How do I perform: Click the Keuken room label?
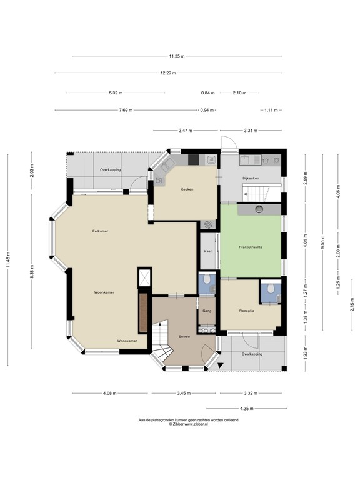[187, 189]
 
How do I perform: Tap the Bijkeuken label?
[251, 178]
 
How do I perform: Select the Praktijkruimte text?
[251, 247]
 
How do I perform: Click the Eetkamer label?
[99, 231]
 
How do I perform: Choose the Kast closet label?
[207, 251]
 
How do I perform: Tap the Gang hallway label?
[206, 311]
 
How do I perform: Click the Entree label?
[184, 336]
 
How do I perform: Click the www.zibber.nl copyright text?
[179, 424]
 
